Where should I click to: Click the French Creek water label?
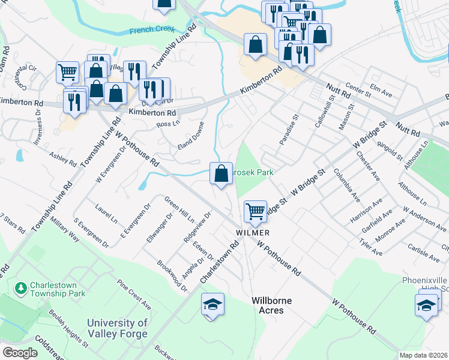(x=151, y=29)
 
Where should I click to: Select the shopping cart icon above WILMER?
(x=256, y=211)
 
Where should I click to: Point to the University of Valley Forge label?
(x=117, y=328)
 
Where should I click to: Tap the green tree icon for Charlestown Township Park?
(x=22, y=289)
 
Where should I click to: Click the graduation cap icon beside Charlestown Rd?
(x=212, y=304)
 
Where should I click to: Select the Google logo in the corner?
(x=20, y=353)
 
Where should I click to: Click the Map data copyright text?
(x=423, y=355)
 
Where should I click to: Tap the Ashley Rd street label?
(x=62, y=158)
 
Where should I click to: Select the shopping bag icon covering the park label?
(x=221, y=174)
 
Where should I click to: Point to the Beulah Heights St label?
(x=68, y=339)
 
